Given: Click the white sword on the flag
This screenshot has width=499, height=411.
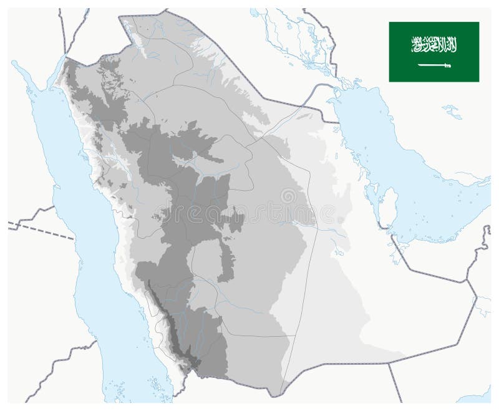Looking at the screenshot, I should (x=434, y=65).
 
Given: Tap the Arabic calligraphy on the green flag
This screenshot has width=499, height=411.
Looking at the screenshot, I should (x=434, y=44).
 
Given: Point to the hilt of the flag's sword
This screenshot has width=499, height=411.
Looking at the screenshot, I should (x=447, y=65).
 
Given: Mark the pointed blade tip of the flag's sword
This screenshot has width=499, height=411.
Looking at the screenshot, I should (x=419, y=65).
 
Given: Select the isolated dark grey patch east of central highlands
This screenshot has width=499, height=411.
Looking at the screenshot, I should (x=235, y=222).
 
